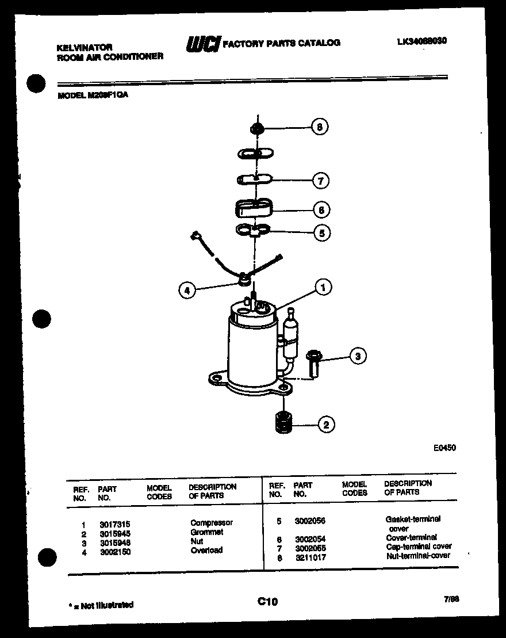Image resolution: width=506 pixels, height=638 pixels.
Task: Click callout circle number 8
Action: (x=320, y=127)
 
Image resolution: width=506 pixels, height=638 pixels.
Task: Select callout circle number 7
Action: (x=320, y=181)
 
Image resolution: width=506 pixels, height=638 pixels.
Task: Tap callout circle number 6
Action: (x=321, y=210)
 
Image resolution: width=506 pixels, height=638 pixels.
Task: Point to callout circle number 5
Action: (x=321, y=233)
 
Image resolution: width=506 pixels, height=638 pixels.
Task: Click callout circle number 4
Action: (x=186, y=291)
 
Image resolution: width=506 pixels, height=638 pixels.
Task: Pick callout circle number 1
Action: (x=323, y=287)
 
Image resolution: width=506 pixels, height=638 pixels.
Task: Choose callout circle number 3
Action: (x=358, y=357)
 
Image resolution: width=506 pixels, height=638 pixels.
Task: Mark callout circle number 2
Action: (x=326, y=425)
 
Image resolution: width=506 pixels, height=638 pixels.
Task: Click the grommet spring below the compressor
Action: (x=281, y=423)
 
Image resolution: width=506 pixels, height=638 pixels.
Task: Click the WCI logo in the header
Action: (x=202, y=44)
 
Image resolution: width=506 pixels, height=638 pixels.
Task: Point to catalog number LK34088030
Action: (x=421, y=41)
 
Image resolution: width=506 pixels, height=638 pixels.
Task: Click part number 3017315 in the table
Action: (x=114, y=524)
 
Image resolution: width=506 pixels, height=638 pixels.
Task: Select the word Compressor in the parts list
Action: (x=212, y=523)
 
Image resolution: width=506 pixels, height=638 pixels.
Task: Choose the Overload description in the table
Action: (x=206, y=550)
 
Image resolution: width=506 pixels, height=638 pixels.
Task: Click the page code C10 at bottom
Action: (x=267, y=601)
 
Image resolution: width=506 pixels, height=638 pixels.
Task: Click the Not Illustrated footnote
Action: (x=101, y=605)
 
